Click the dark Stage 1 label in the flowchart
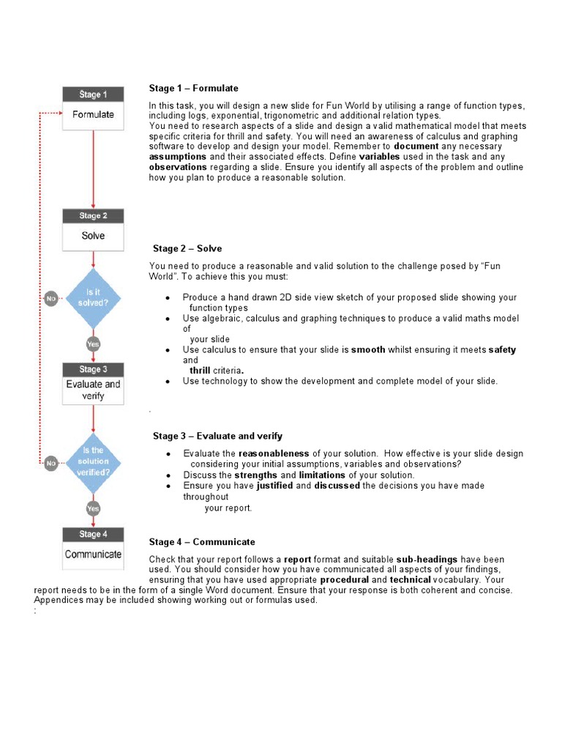tap(93, 94)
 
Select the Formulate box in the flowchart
tap(93, 115)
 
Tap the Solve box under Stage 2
tap(93, 236)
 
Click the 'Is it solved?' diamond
tap(93, 299)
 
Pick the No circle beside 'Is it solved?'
tap(50, 299)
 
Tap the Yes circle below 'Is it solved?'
tap(93, 344)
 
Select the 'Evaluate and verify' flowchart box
tap(93, 390)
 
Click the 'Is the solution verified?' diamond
tap(93, 461)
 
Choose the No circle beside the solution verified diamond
tap(50, 462)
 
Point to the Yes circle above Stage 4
tap(93, 508)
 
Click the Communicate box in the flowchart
tap(93, 554)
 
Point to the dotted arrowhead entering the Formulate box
tap(60, 114)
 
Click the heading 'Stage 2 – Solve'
tap(187, 249)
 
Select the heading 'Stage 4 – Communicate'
tap(202, 542)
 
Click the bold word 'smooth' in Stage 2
tap(368, 350)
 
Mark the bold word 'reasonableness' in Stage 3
tap(274, 453)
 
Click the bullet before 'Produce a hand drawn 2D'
tap(168, 298)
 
